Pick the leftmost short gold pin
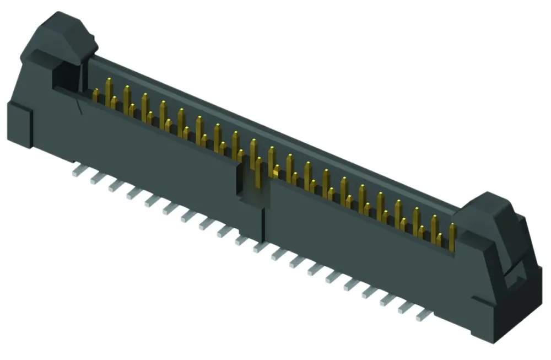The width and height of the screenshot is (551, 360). [x=96, y=96]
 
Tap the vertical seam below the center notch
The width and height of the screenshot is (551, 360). [x=262, y=221]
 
